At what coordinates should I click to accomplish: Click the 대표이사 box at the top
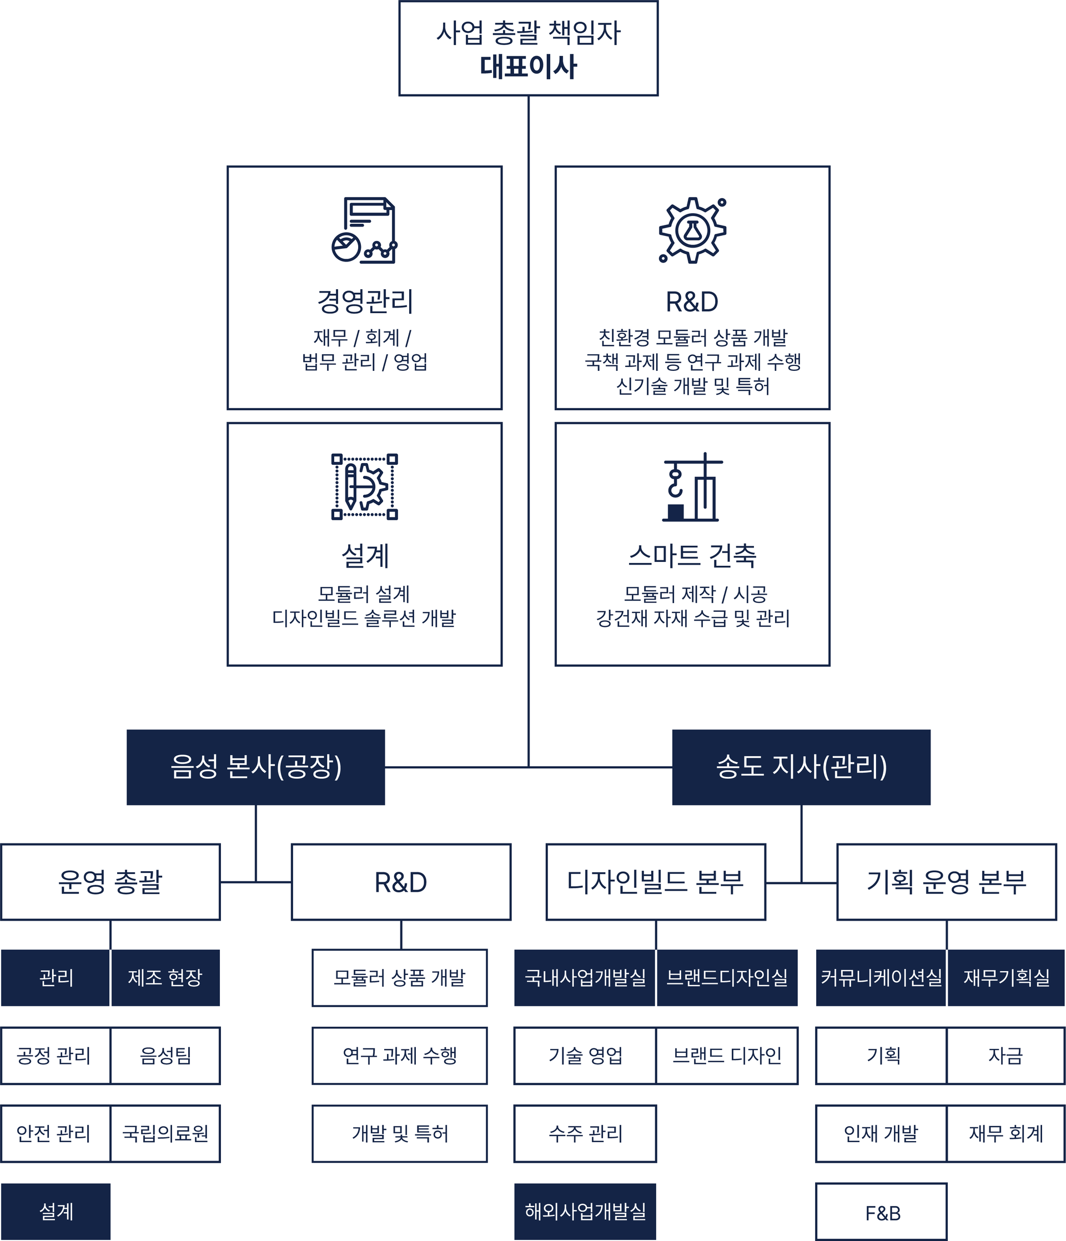coord(527,48)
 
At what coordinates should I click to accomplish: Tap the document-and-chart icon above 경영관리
coord(364,230)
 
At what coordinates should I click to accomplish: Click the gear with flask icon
coord(692,230)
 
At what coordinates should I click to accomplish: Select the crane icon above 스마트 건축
coord(692,487)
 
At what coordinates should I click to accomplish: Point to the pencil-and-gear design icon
coord(364,486)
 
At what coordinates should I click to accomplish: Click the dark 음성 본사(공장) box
coord(256,767)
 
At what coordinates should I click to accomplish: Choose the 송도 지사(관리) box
coord(801,767)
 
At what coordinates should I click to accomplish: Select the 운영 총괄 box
coord(110,882)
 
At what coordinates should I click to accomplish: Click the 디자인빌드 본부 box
coord(655,882)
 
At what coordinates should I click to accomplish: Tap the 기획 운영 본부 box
coord(946,882)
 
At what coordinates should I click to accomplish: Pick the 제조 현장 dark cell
coord(165,978)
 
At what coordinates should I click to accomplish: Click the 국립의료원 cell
coord(165,1134)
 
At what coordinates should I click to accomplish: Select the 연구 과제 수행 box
coord(399,1056)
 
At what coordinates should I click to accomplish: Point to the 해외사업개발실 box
coord(585,1211)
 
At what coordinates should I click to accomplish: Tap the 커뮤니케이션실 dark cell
coord(881,978)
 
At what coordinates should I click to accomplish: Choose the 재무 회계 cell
coord(1005,1134)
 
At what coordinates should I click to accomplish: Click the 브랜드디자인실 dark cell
coord(727,978)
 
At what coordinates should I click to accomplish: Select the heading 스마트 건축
coord(692,556)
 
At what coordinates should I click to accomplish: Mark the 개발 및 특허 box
coord(399,1134)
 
